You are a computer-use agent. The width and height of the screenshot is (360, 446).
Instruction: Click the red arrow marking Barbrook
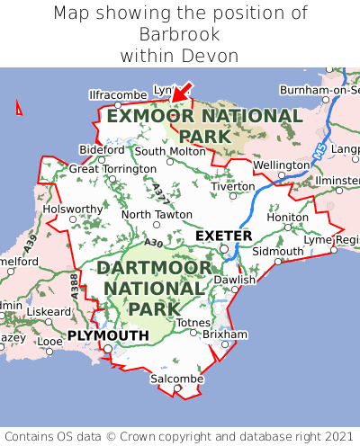coord(183,91)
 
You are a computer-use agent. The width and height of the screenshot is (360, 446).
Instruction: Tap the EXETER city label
coord(223,236)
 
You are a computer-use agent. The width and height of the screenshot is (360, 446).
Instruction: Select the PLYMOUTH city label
coord(108,335)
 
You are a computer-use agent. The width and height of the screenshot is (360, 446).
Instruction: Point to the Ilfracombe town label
coord(117,94)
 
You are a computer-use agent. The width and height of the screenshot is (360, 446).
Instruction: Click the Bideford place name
coord(102,149)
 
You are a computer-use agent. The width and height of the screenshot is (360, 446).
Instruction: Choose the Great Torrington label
coord(112,168)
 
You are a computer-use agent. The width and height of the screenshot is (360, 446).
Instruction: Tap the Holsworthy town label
coord(73,209)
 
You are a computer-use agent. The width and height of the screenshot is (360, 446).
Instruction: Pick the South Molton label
coord(170,151)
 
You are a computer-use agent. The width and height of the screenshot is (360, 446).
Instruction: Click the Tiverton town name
coord(233,186)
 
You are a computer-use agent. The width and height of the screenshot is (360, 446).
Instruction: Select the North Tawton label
coord(157,215)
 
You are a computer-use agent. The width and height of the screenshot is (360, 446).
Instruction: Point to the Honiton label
coord(288,217)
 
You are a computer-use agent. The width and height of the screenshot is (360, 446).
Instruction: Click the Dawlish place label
coord(235,280)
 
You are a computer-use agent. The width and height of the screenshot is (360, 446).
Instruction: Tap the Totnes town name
coord(193,322)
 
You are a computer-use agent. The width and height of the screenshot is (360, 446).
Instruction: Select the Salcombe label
coord(176,379)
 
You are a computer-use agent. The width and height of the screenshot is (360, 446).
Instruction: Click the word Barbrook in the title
coord(180,34)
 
